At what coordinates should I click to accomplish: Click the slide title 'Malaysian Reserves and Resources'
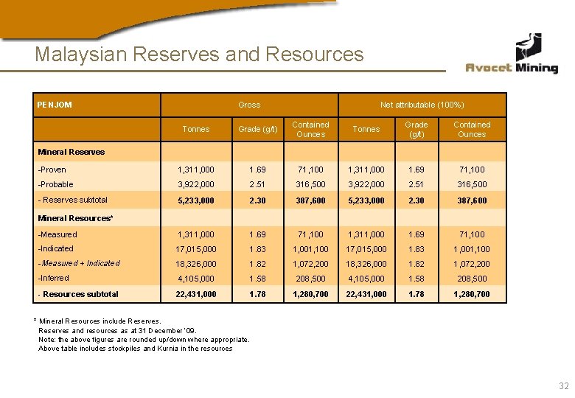(x=199, y=55)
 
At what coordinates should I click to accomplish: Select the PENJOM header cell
(x=55, y=105)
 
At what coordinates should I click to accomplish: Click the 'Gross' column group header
(x=249, y=105)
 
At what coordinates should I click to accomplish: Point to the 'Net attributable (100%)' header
(x=422, y=105)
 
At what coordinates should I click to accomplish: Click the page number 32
(x=564, y=385)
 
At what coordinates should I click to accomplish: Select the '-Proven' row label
(x=52, y=170)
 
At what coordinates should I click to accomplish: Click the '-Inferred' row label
(x=54, y=278)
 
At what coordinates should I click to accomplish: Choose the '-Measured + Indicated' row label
(x=79, y=263)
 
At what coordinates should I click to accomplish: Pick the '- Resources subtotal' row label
(x=78, y=294)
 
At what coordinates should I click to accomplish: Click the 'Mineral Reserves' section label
(x=72, y=152)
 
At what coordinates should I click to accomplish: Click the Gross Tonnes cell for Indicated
(x=196, y=248)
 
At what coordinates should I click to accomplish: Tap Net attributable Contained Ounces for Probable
(x=472, y=184)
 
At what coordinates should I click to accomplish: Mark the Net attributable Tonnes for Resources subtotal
(x=366, y=294)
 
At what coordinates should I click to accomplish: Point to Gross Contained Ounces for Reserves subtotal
(x=310, y=200)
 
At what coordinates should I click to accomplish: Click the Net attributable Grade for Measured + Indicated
(x=417, y=263)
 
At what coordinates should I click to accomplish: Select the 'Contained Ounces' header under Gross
(x=310, y=129)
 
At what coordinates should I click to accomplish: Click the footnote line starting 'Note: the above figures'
(x=144, y=340)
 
